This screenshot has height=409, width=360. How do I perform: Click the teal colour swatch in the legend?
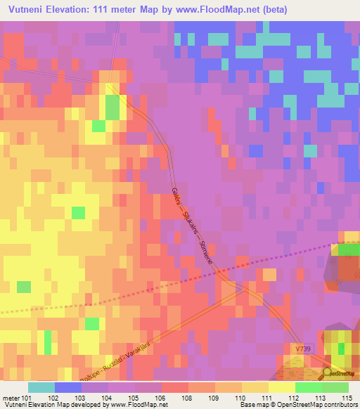41,387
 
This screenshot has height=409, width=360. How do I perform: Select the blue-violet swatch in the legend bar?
68,387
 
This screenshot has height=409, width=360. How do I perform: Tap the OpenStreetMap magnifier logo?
328,375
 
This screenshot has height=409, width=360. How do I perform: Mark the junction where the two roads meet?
240,286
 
